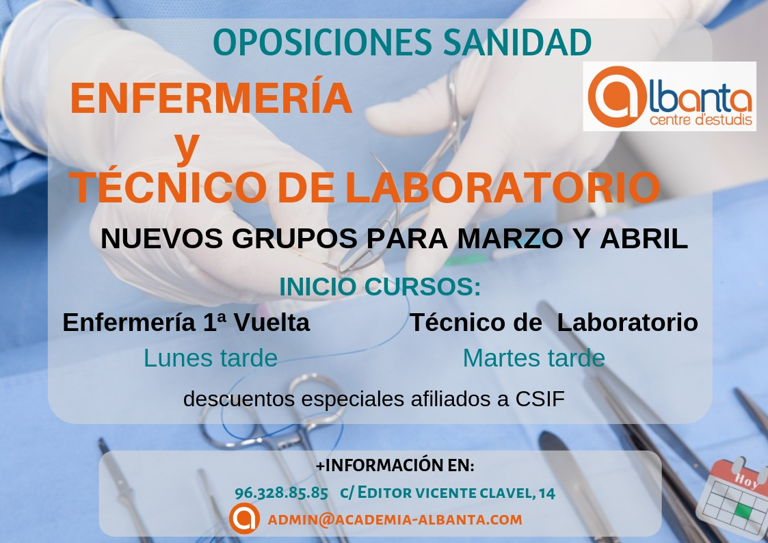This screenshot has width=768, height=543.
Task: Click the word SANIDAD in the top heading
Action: (x=517, y=42)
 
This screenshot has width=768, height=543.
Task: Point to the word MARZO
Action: (x=510, y=239)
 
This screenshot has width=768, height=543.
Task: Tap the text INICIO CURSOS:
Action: (x=380, y=287)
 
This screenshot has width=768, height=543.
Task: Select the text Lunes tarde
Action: (x=211, y=358)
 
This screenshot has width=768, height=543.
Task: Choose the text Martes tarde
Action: (x=534, y=358)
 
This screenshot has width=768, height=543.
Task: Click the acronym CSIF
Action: (x=540, y=399)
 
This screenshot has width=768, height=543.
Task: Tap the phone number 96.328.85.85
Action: (x=281, y=492)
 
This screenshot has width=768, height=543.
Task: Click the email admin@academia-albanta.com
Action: (x=395, y=520)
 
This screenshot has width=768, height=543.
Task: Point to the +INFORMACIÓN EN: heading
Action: (x=395, y=465)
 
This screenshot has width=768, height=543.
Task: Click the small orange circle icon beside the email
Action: (x=244, y=518)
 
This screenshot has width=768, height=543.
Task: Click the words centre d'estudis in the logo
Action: (x=701, y=120)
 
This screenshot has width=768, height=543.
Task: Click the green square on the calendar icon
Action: (x=743, y=510)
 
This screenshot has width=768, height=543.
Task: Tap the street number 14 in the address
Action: (x=547, y=492)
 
